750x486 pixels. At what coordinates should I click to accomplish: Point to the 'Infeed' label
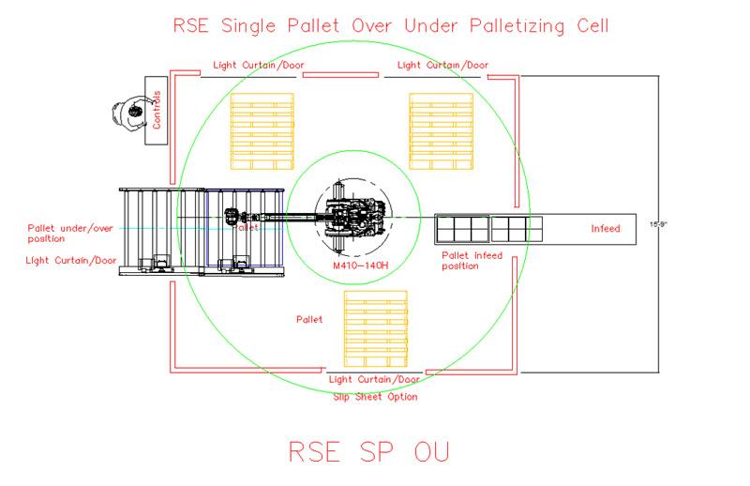point(605,228)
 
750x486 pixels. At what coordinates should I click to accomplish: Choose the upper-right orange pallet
point(440,131)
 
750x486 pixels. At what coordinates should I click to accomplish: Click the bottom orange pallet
point(378,328)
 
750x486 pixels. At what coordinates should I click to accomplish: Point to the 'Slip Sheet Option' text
point(375,397)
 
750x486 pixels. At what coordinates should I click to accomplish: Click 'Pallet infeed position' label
point(472,260)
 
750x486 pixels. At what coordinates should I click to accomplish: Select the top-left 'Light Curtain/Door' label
point(258,66)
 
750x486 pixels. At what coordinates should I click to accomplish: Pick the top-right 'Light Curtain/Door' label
point(442,66)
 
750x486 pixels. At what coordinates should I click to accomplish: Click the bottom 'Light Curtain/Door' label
point(375,380)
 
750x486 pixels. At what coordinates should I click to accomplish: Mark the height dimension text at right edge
point(660,224)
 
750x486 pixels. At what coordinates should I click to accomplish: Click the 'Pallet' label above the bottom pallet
point(309,320)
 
